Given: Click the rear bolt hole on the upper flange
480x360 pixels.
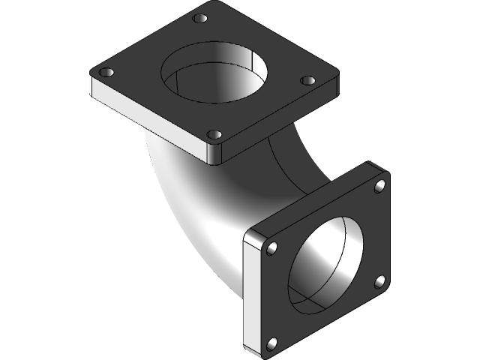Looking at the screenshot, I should (x=199, y=19).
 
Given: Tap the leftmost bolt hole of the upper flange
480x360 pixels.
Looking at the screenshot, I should (x=106, y=72).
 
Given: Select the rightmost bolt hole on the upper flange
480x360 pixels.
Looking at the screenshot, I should (x=306, y=80).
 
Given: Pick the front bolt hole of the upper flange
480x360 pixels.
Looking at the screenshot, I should (x=214, y=135).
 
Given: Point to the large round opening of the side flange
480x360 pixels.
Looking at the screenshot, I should (x=325, y=262).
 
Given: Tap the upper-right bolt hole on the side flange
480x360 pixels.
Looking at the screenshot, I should (x=379, y=184).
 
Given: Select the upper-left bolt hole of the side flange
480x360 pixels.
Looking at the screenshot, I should (x=272, y=247).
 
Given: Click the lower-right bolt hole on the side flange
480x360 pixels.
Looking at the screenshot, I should (x=379, y=281).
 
